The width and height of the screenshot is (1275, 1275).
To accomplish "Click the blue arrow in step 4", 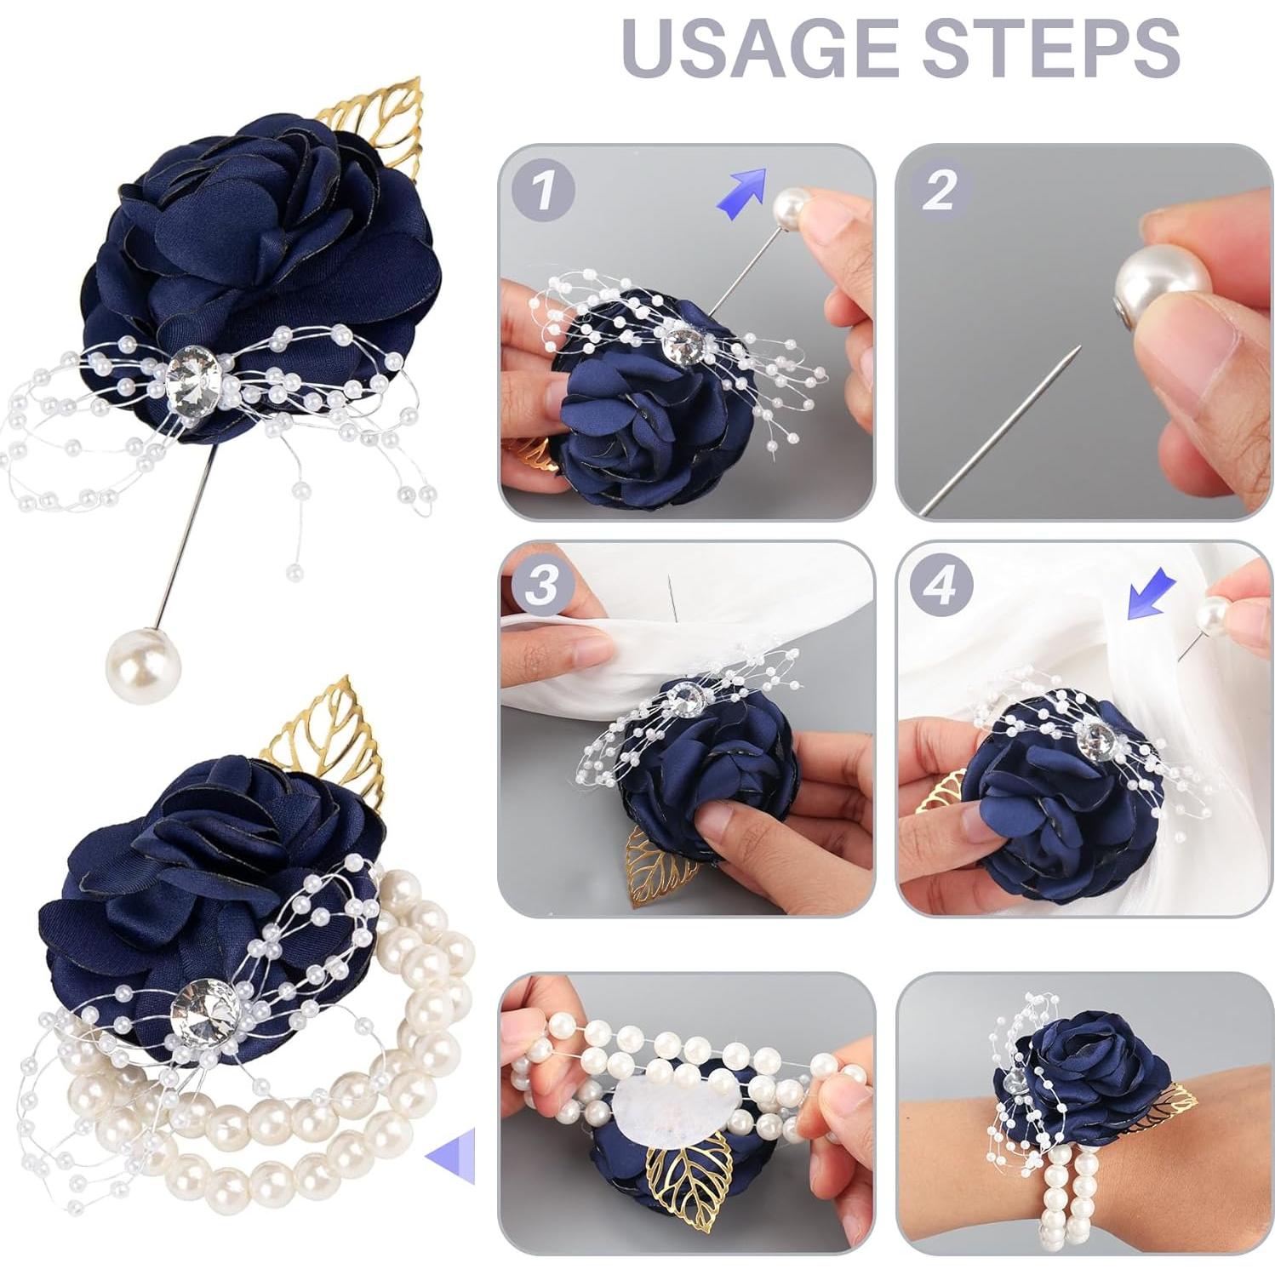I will click(x=1150, y=594).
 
